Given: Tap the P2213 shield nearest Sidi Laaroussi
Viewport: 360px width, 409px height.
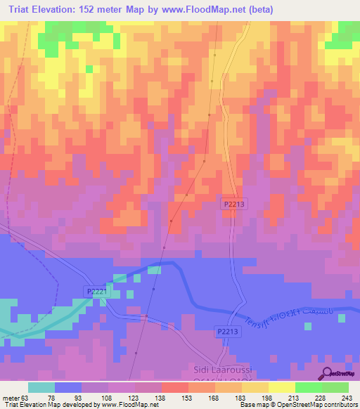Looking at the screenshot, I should (226, 332).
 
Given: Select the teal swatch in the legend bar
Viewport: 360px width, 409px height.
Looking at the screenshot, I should (41, 387).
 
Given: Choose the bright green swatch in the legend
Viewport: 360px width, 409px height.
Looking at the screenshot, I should (308, 387).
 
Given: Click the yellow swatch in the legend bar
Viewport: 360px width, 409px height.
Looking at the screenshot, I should (281, 387).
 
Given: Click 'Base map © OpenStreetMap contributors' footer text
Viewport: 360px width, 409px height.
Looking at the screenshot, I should (297, 405).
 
